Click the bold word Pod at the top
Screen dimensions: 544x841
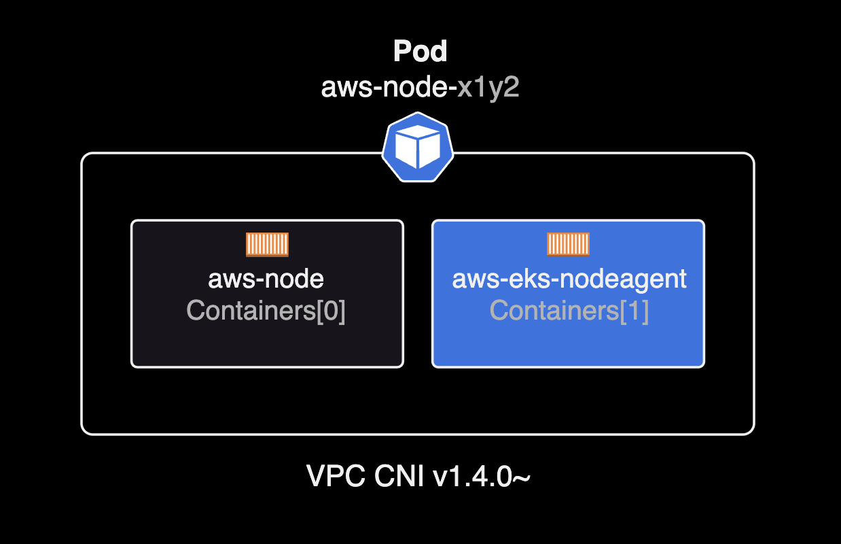(x=420, y=52)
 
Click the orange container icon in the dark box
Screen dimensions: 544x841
(x=267, y=244)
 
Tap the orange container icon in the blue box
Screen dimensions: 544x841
(x=568, y=244)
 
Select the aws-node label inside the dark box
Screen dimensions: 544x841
(x=266, y=279)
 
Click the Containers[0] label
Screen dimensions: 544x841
(x=266, y=311)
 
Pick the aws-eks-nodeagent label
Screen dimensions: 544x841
(x=569, y=279)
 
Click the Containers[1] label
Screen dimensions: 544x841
(x=569, y=311)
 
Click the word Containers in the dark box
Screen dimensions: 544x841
(x=250, y=311)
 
